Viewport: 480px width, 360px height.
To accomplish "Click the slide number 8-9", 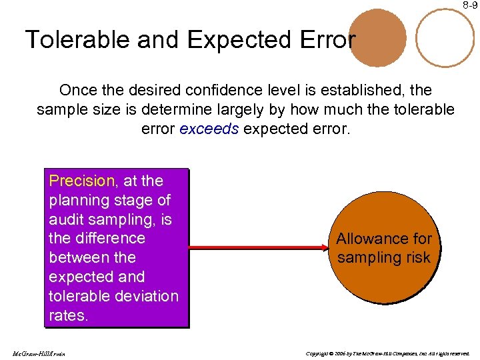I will (471, 5).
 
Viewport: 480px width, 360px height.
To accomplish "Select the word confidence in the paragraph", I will (223, 89).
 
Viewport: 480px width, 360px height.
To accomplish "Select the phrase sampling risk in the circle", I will (384, 257).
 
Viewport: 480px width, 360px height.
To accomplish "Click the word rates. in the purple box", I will (68, 315).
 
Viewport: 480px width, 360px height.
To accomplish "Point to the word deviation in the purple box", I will (146, 296).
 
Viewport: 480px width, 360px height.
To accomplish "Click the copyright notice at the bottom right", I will (386, 353).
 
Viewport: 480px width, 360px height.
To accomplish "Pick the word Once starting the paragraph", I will (77, 89).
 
